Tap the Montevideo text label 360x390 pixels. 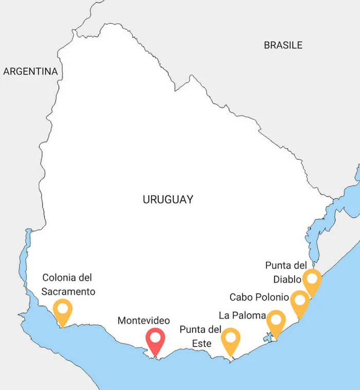143,320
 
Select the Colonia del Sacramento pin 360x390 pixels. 63,311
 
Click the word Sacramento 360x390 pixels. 69,291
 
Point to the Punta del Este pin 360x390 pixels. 230,340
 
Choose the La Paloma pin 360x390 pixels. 276,323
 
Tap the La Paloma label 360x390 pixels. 242,315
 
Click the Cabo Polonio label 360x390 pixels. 259,297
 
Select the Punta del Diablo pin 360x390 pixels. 312,281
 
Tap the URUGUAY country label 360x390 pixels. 168,199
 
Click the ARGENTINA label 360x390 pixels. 30,71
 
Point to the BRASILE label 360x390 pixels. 283,45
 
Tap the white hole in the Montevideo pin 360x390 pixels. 155,338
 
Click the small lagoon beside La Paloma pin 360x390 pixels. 267,338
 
